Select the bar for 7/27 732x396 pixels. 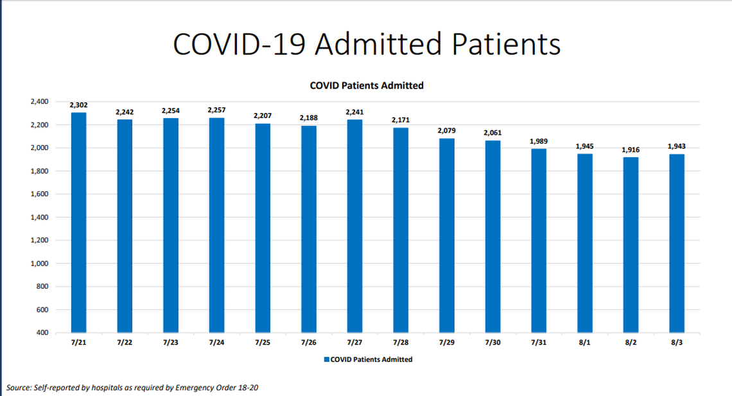(x=354, y=226)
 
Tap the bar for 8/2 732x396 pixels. (x=631, y=245)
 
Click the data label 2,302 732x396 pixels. (x=78, y=105)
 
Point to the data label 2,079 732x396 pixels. (x=446, y=130)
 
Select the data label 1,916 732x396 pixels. (x=631, y=150)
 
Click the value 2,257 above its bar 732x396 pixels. (x=216, y=110)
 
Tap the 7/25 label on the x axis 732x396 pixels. (x=263, y=343)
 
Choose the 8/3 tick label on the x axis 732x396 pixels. (x=677, y=343)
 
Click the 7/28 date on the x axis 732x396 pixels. (x=401, y=343)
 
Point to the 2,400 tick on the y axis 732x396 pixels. (x=39, y=101)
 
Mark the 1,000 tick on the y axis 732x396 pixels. (x=39, y=264)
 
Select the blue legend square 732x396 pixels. (x=326, y=359)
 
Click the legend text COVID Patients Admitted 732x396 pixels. (x=371, y=359)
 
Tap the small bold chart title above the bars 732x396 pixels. (x=366, y=85)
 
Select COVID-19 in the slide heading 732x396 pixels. (x=241, y=44)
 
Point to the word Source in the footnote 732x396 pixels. (x=19, y=388)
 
